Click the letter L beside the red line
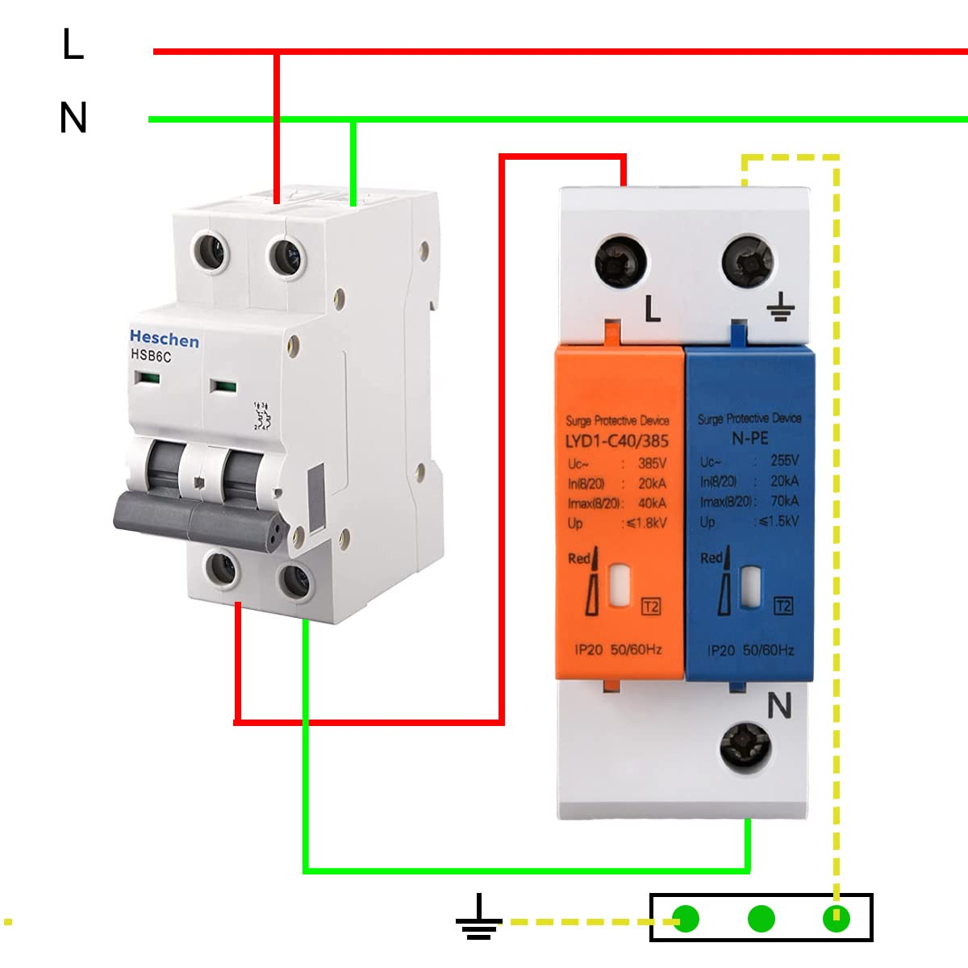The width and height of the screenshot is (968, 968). click(73, 44)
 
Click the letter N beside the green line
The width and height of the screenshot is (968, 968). click(73, 118)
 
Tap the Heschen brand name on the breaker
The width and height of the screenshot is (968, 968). click(164, 339)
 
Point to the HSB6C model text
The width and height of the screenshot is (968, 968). click(151, 356)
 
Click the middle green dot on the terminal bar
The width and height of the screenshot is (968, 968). click(761, 918)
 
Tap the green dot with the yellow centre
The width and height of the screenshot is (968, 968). click(836, 918)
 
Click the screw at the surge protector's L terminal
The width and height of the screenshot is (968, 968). click(621, 262)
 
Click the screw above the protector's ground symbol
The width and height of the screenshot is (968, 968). click(747, 261)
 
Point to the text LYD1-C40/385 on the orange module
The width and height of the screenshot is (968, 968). click(617, 441)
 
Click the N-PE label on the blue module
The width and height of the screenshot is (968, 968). click(749, 438)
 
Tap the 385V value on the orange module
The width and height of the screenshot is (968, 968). click(652, 464)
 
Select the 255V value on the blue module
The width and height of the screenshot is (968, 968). click(784, 461)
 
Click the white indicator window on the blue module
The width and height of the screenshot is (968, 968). click(751, 583)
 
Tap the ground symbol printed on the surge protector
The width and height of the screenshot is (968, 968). click(779, 307)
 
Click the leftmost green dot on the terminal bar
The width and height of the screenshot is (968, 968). click(686, 918)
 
